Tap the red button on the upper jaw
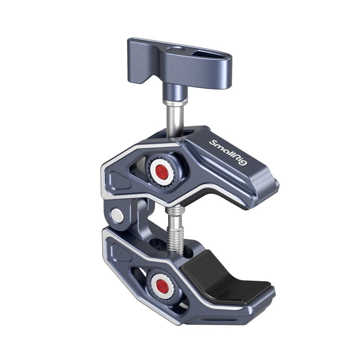coord(163,173)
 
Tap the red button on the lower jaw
coord(162,286)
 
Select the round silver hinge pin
coord(117,215)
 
